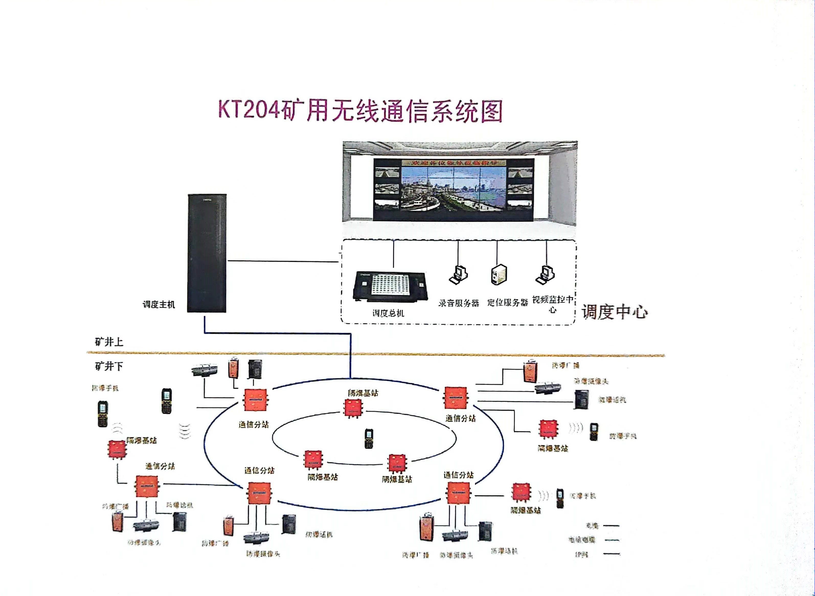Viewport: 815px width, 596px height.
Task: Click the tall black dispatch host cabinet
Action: point(207,253)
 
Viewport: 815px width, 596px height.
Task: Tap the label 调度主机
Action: point(159,304)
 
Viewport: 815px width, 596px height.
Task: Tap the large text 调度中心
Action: point(614,312)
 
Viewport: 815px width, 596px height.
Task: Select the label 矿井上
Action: point(109,342)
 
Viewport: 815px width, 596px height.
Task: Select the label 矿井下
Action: point(109,366)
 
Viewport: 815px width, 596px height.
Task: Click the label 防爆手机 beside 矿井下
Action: point(105,388)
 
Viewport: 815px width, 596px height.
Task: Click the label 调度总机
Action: point(388,313)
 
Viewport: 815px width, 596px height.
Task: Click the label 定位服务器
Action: point(507,303)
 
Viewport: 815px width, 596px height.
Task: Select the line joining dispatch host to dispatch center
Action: point(283,261)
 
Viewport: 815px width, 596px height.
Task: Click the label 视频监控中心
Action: point(553,304)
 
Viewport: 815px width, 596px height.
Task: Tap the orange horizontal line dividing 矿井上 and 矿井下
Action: point(375,355)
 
